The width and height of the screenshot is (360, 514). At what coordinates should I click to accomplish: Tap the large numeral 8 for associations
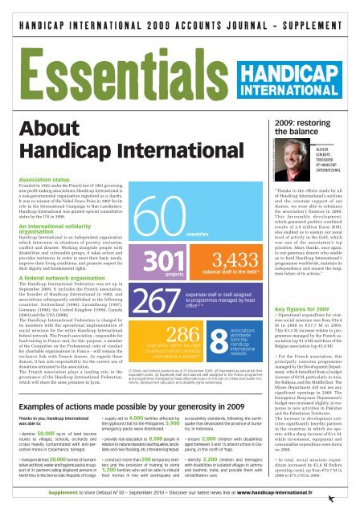[x=225, y=316]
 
